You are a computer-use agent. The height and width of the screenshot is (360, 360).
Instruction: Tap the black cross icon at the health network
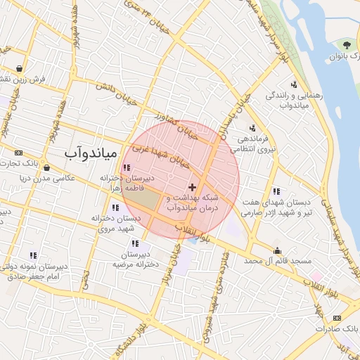193,188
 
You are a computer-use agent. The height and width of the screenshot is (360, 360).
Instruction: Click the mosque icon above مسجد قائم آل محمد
278,250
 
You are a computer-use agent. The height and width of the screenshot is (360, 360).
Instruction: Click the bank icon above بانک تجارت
18,153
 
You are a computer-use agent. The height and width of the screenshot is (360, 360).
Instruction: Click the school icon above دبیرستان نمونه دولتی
33,255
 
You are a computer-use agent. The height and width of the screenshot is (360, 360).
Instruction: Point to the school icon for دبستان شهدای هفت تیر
276,191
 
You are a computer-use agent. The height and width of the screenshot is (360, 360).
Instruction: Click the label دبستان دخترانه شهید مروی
117,224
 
